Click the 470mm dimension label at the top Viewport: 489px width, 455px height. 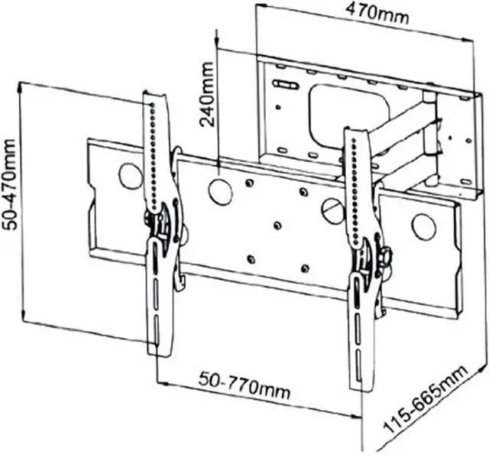[375, 12]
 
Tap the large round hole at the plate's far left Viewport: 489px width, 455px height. [131, 177]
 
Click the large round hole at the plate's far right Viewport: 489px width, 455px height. [423, 227]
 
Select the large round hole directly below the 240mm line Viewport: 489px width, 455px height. [220, 191]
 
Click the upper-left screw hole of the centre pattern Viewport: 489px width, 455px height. [250, 183]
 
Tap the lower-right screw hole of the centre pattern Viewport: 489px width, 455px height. [305, 268]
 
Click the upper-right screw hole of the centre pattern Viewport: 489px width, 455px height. [303, 191]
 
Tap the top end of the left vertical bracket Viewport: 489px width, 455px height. [155, 96]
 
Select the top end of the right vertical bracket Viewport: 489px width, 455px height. [355, 132]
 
